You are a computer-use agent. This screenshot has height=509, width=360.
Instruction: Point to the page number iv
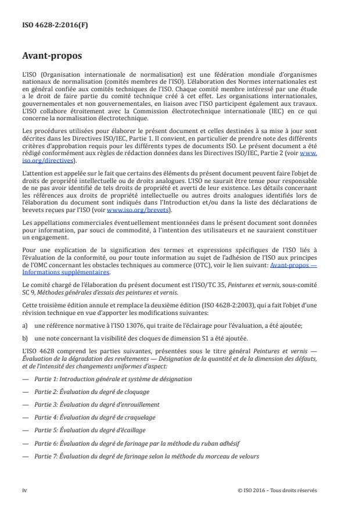[24, 489]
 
